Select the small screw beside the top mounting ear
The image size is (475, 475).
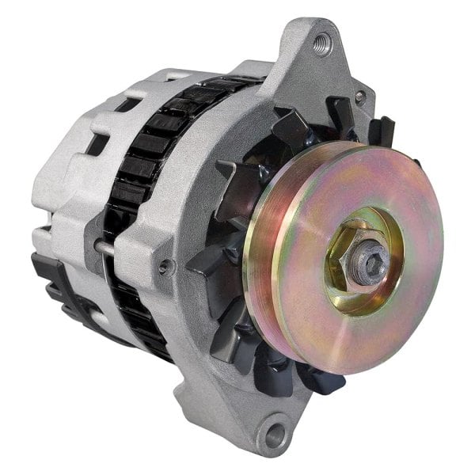coord(361,96)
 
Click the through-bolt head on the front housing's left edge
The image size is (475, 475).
coord(164,267)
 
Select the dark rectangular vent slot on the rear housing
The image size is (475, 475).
coord(100,142)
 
